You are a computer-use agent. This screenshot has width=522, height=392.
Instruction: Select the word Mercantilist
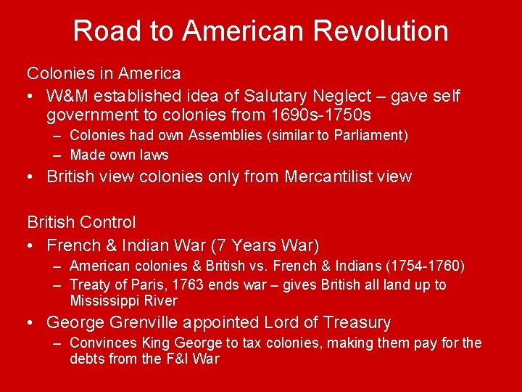(330, 176)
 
